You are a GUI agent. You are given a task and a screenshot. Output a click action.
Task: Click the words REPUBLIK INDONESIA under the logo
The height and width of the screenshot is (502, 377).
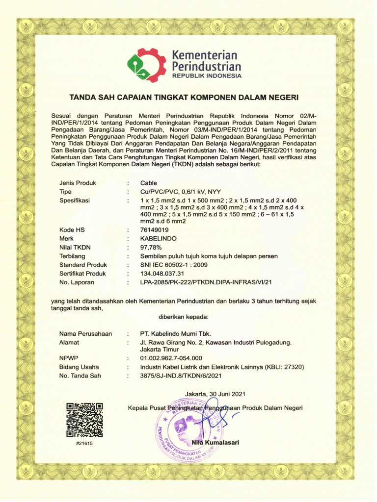(x=206, y=76)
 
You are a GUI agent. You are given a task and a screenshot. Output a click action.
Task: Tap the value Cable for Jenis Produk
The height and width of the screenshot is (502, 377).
(x=149, y=183)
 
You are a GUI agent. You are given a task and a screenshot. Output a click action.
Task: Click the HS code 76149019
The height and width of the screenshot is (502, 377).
(x=155, y=229)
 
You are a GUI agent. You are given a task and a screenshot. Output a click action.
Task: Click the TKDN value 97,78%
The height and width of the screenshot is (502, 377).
(x=151, y=247)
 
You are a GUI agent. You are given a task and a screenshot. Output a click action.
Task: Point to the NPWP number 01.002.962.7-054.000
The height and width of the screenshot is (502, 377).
(x=171, y=358)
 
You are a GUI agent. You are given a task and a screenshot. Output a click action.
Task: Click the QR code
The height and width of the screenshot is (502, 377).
(x=84, y=420)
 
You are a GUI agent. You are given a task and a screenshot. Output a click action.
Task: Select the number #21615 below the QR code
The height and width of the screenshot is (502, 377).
(x=84, y=443)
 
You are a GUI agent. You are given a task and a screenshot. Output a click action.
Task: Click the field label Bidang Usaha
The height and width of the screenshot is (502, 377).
(x=79, y=367)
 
